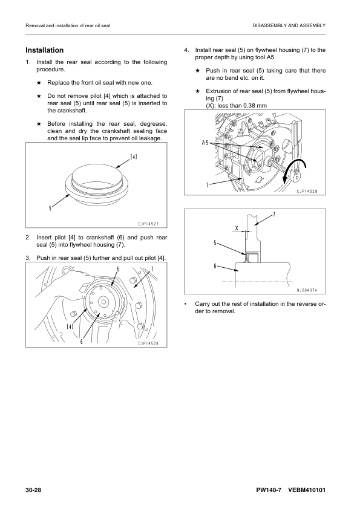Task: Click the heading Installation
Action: pos(45,50)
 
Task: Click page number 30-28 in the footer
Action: pos(33,490)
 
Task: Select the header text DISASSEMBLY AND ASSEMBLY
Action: pos(289,25)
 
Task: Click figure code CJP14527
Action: pos(148,224)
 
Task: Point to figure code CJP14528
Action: pos(148,343)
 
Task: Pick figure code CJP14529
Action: pos(307,191)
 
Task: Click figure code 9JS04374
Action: pos(307,290)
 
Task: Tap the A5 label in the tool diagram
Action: pos(205,143)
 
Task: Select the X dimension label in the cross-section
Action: pos(237,229)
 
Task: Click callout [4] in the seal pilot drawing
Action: pos(134,157)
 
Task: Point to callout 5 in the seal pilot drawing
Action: pos(50,209)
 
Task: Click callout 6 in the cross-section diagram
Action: pos(215,266)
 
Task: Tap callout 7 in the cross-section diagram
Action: pos(274,214)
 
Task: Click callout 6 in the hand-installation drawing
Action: pos(82,341)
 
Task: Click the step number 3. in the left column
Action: pos(28,258)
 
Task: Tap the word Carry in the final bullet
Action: pos(201,304)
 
